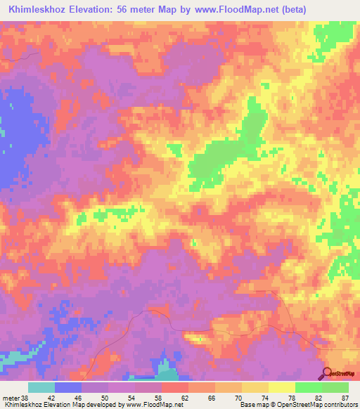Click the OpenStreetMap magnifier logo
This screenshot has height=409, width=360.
click(x=327, y=373)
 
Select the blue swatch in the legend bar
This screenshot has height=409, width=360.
click(x=67, y=387)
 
